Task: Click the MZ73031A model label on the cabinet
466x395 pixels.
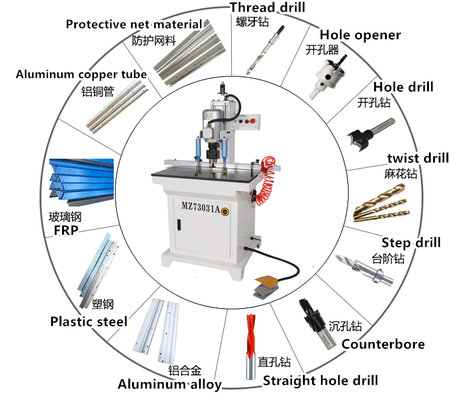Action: [201, 205]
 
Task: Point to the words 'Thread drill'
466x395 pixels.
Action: [267, 7]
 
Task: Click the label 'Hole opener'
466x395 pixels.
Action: [360, 35]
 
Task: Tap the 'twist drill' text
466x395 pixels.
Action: [418, 158]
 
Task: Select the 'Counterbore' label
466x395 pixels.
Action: [383, 345]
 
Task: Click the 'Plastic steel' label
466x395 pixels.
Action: [89, 321]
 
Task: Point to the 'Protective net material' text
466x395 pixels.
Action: [134, 24]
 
